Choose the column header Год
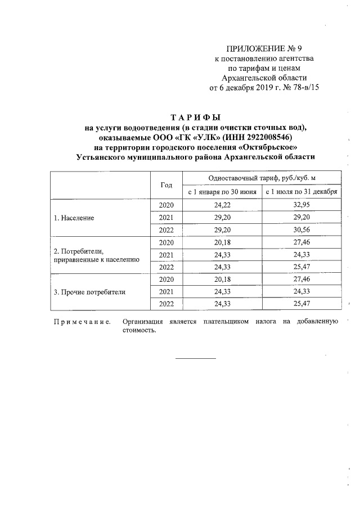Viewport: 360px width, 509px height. [x=166, y=184]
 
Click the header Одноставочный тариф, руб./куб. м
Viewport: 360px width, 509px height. [x=262, y=178]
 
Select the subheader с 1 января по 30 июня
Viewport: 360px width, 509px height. [x=222, y=192]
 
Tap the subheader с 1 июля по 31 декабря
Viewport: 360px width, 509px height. [x=301, y=192]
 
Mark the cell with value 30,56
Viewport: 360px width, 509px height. [x=301, y=229]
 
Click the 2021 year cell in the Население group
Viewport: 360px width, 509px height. [x=166, y=217]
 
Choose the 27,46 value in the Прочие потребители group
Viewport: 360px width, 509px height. [x=301, y=280]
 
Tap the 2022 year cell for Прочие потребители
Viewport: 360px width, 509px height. [x=166, y=304]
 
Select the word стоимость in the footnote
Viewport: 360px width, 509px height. [x=138, y=330]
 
